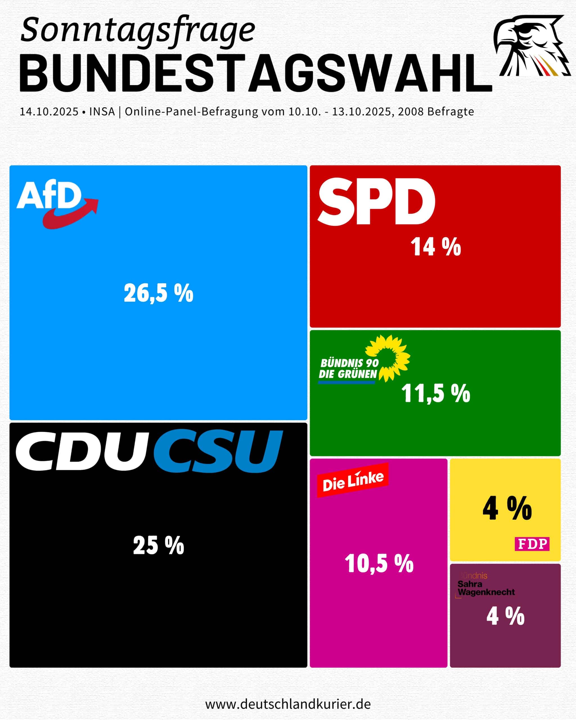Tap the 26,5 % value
coord(159,293)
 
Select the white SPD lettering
coord(376,201)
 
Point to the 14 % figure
coord(435,247)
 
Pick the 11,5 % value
coord(435,393)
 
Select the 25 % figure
coord(159,545)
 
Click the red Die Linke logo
coord(353,480)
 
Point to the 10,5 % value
coord(379,563)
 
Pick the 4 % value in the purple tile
coord(505,616)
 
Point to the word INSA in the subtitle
coord(102,112)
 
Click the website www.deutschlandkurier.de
coord(288,704)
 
